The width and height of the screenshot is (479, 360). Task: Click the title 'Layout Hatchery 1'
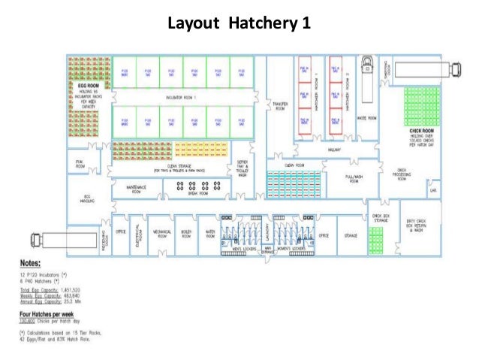point(239,23)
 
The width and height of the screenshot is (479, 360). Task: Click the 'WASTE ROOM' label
point(366,118)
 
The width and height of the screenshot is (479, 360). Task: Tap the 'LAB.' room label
point(433,191)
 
